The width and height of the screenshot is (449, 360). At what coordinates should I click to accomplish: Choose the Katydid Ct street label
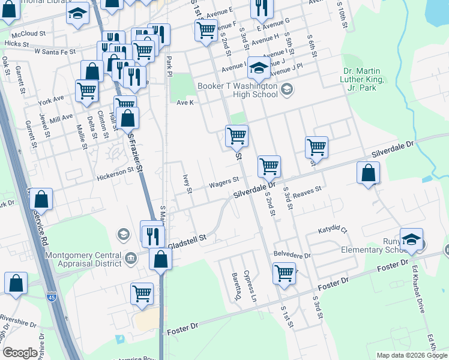pos(334,229)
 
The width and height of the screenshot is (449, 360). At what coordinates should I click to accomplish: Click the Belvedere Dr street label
pos(292,255)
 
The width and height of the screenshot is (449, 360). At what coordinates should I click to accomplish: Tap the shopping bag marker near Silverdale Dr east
pos(368,174)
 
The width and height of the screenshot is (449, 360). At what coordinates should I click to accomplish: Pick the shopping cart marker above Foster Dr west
pos(142,294)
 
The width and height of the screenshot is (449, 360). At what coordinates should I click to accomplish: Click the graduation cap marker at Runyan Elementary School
pos(411,240)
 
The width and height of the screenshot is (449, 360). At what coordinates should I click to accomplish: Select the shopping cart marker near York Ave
pos(87,91)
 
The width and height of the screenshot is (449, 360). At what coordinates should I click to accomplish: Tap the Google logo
pos(20,353)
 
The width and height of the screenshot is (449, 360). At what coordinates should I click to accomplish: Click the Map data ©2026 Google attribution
pos(411,355)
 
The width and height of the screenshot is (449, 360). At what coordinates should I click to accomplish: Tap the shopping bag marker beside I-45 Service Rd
pos(41,200)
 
